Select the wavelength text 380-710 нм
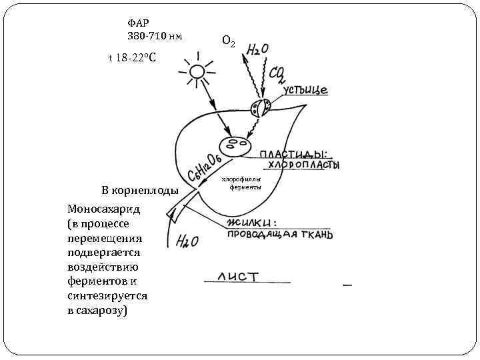(155, 35)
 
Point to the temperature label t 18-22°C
(132, 58)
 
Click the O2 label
(227, 41)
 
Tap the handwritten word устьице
(305, 89)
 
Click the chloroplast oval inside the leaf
(235, 145)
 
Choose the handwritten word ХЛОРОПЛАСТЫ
(304, 165)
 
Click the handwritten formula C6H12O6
(206, 165)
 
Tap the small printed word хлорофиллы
(241, 179)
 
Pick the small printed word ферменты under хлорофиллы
(241, 187)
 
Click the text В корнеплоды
(140, 191)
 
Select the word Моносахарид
(103, 209)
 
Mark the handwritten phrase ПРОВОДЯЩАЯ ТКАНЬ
(280, 235)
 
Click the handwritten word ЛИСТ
(237, 276)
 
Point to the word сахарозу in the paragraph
(101, 311)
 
